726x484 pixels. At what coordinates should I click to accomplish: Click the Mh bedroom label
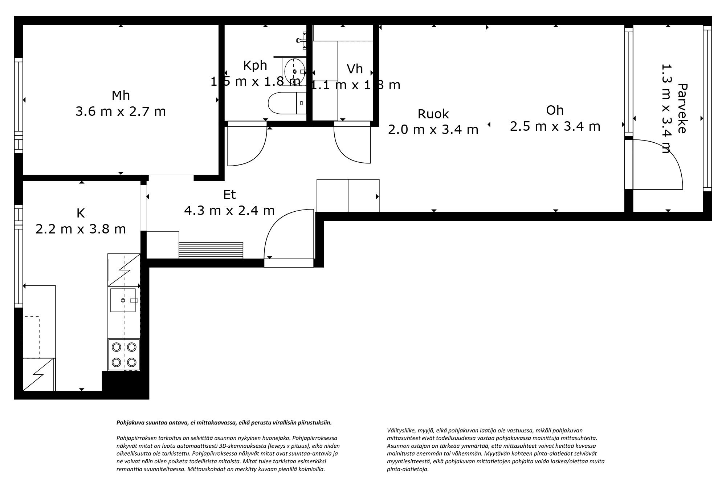121,95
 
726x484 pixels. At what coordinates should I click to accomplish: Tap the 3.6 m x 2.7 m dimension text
121,111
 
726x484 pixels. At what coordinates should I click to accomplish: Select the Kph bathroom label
255,65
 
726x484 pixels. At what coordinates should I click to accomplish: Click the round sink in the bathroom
294,71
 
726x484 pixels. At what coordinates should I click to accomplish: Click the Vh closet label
355,69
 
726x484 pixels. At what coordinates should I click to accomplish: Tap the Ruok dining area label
433,114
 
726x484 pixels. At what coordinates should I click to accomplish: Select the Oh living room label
555,110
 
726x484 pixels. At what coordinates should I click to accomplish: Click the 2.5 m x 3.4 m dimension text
555,126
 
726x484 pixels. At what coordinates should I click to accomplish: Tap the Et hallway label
229,195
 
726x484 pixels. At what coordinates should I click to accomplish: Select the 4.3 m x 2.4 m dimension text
229,211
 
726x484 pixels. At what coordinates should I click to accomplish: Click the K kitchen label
81,213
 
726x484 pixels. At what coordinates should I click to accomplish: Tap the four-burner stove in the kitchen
124,354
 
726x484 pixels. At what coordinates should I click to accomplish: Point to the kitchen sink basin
123,300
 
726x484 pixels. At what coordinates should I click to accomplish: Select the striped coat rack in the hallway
211,250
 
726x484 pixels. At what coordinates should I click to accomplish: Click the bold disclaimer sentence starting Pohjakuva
224,423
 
